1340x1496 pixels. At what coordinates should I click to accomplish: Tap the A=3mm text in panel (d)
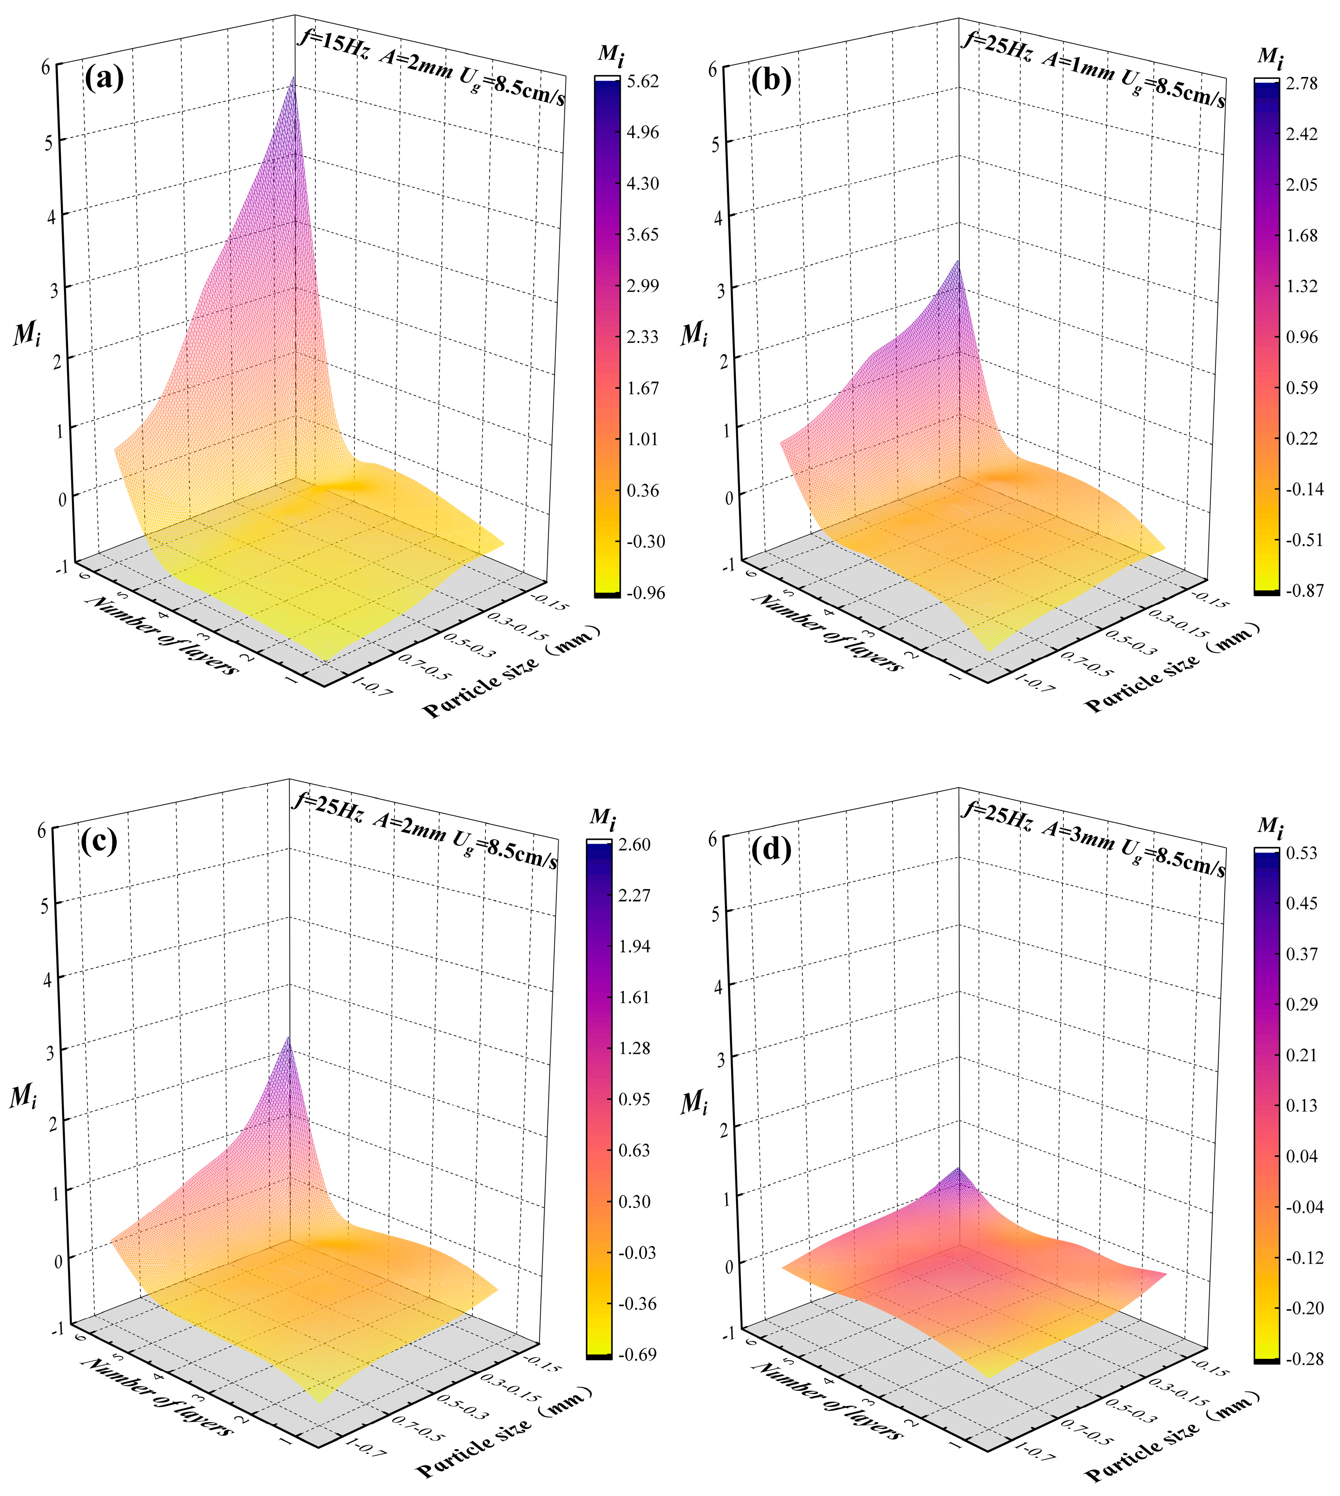point(1078,835)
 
